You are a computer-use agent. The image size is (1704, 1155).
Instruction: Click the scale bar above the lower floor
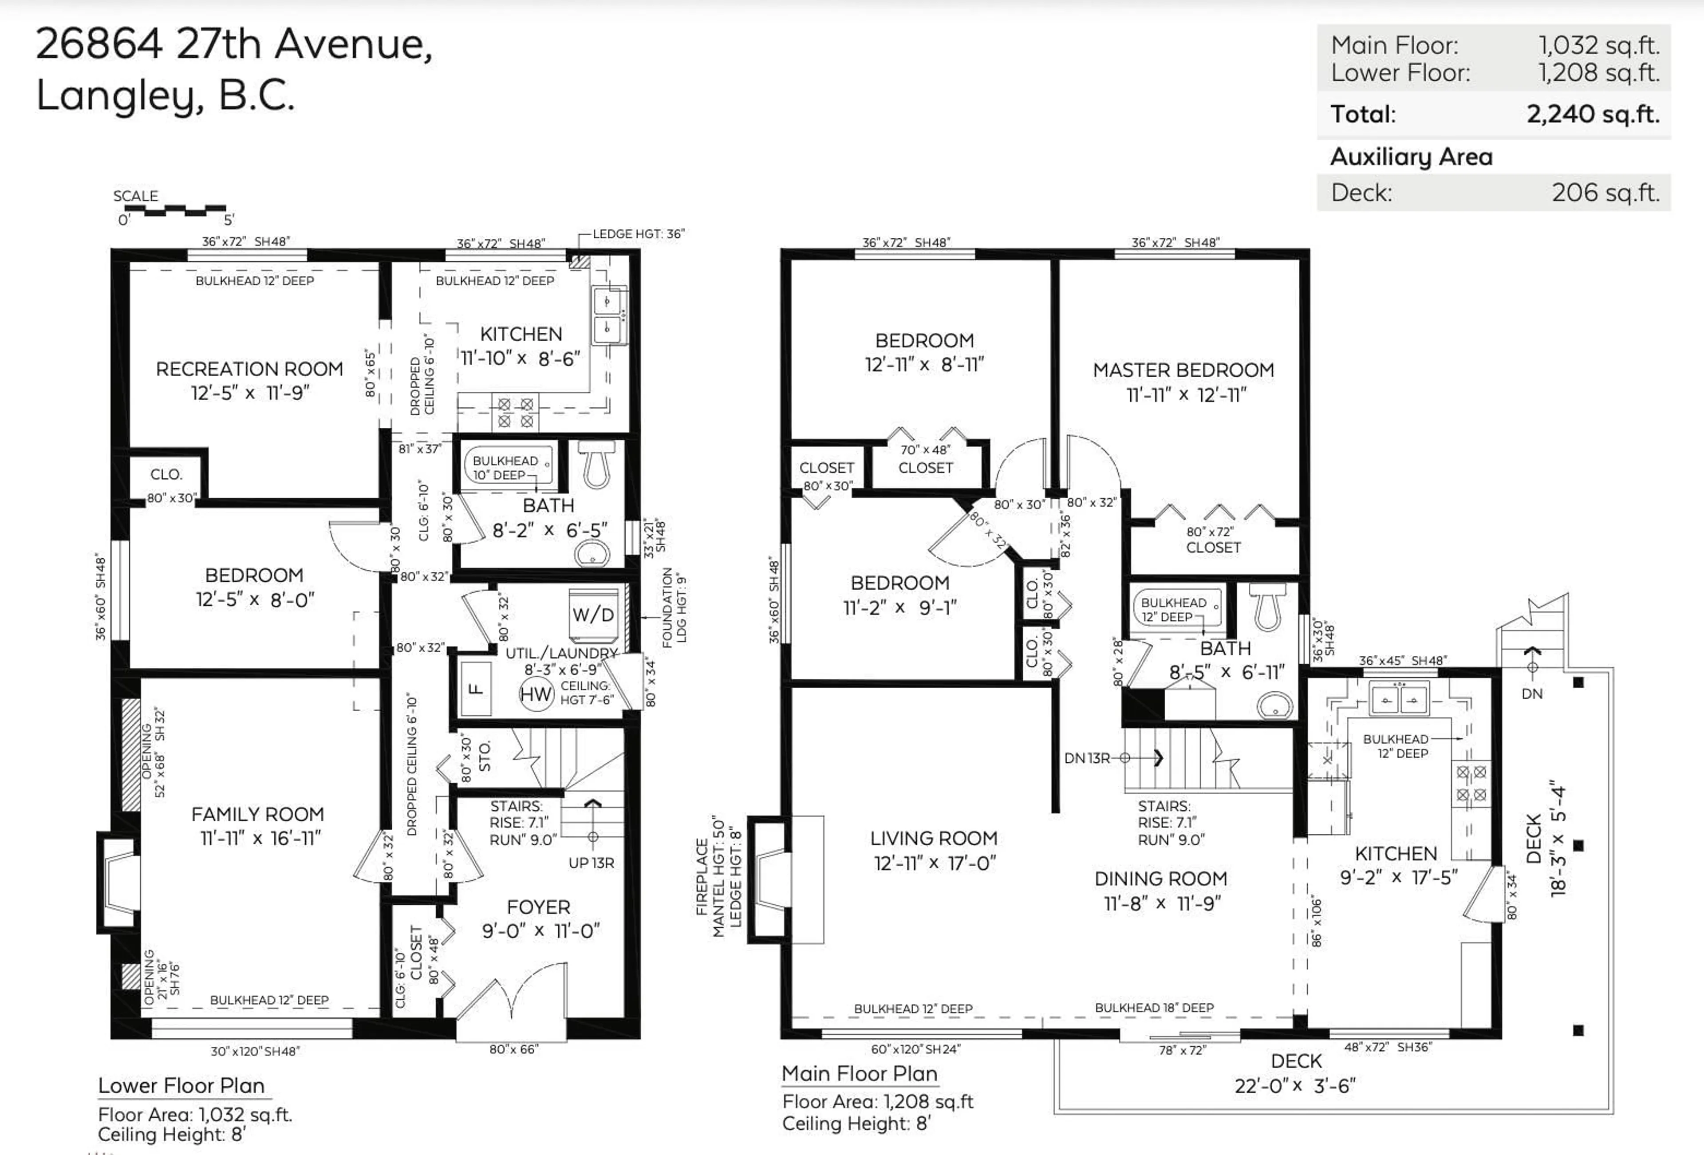click(174, 211)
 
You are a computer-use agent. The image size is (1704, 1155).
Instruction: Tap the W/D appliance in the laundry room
click(592, 614)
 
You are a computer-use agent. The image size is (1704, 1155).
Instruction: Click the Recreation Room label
click(249, 369)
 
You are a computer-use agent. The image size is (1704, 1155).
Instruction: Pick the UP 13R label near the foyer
click(591, 863)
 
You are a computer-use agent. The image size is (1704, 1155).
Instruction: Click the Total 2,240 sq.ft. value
click(1593, 114)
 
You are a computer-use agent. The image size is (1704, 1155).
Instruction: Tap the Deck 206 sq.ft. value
click(1604, 193)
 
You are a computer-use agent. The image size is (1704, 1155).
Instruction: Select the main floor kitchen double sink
click(1399, 700)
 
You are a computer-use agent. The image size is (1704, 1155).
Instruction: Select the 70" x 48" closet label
click(925, 449)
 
